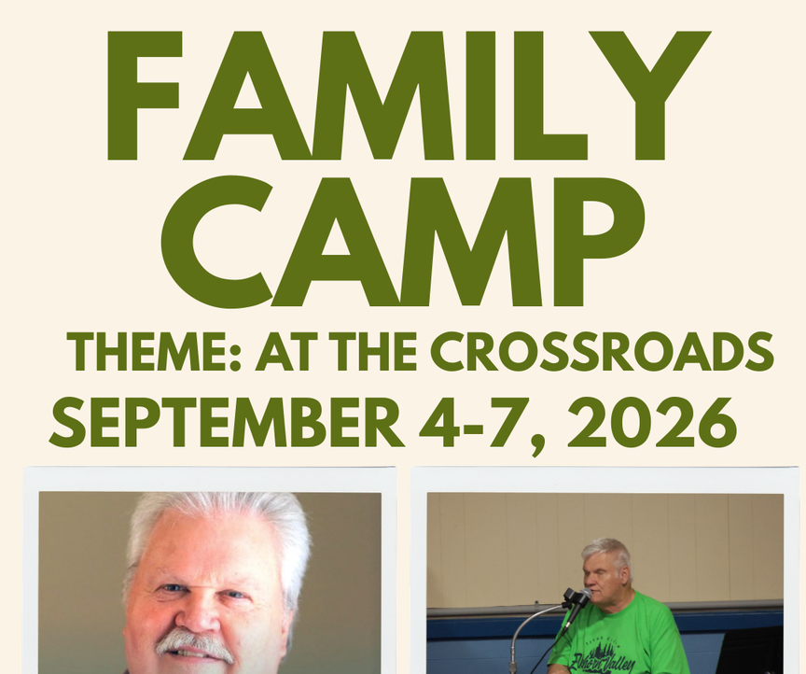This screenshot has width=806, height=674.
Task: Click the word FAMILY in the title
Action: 409,96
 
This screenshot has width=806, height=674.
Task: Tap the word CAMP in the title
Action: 404,241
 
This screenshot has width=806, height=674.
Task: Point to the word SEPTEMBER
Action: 226,424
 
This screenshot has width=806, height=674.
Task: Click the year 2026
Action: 652,423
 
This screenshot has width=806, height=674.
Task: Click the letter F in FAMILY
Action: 145,96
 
